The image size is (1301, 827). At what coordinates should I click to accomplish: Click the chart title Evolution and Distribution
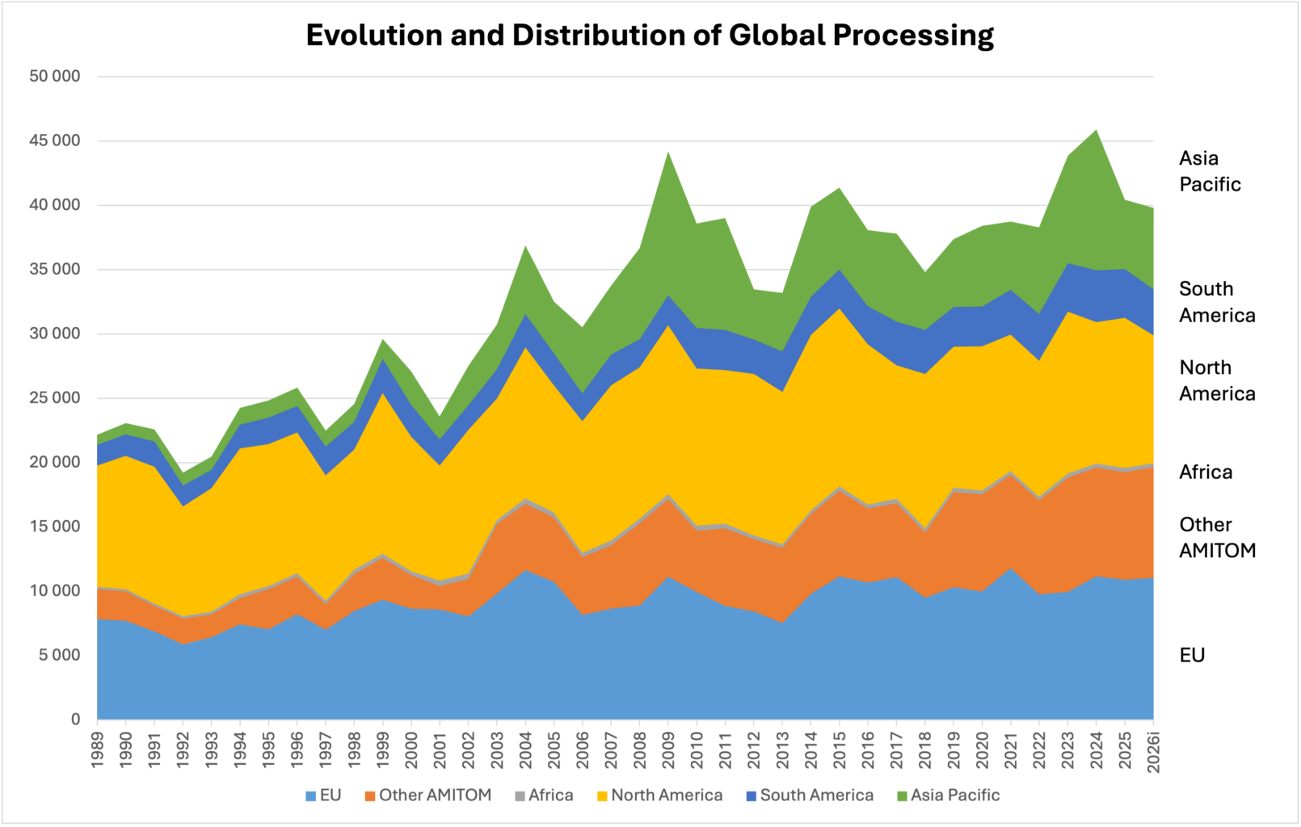click(x=650, y=36)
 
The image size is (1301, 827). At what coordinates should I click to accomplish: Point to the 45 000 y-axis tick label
click(x=55, y=141)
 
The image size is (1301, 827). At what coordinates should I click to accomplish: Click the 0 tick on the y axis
click(x=76, y=719)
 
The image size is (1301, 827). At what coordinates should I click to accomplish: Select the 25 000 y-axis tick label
click(x=55, y=397)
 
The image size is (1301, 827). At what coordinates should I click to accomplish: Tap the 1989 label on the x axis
click(x=98, y=749)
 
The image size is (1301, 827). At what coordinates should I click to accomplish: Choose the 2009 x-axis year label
click(x=668, y=749)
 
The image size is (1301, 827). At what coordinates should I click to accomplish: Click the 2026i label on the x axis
click(x=1153, y=752)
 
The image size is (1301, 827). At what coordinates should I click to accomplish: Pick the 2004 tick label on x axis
click(x=526, y=749)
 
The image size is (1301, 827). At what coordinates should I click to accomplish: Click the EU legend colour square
click(x=311, y=796)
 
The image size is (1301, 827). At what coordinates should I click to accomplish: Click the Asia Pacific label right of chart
click(x=1209, y=171)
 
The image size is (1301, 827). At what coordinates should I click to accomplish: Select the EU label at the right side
click(x=1192, y=655)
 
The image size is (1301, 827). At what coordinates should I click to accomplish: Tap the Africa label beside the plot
click(x=1206, y=472)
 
